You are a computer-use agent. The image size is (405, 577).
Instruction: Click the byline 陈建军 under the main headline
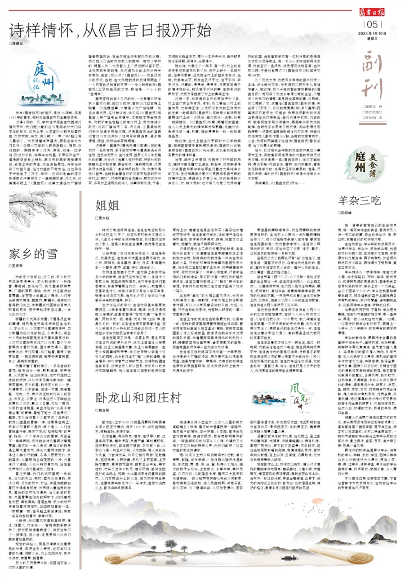pos(19,43)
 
